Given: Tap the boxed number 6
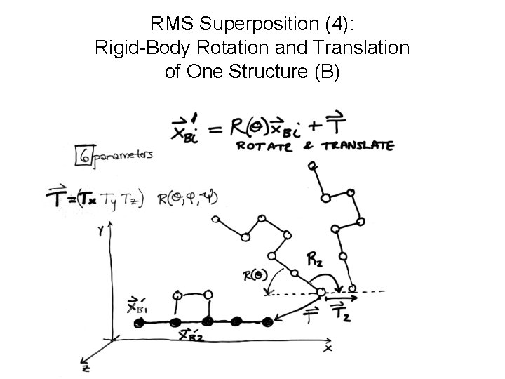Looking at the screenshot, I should point(83,157).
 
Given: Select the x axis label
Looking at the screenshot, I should point(328,347).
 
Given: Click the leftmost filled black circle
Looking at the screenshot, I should point(140,322).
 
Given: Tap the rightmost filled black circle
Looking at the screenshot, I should point(267,322).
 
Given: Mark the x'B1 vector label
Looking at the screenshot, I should point(137,306).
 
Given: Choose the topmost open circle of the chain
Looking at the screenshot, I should point(313,166).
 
